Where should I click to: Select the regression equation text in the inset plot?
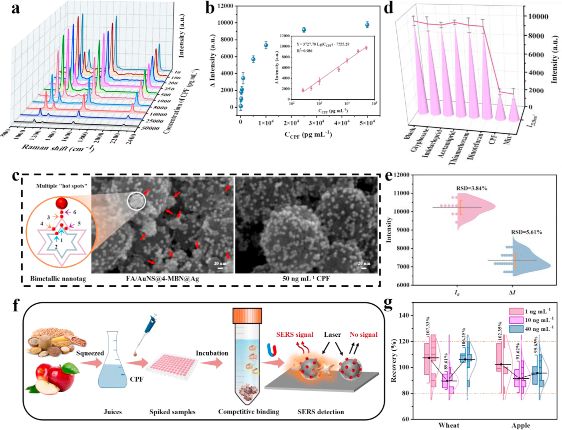pos(323,44)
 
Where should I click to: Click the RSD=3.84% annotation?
pos(472,189)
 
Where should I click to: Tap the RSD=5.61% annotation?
pos(526,232)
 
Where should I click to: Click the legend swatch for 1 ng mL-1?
pos(516,311)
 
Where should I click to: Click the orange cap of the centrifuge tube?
pos(247,316)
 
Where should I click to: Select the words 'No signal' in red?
pos(364,335)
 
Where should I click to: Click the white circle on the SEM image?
pos(136,201)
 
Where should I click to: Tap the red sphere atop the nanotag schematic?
pos(62,202)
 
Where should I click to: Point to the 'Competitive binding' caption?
pos(249,412)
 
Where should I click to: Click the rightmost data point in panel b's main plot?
pos(367,25)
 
